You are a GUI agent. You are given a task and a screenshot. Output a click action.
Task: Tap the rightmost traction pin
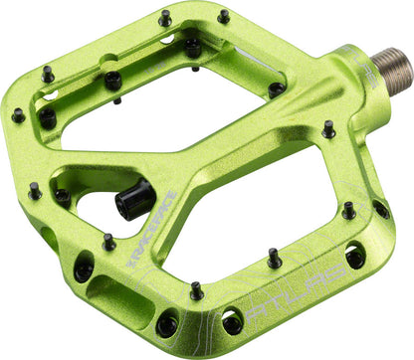tap(377, 210)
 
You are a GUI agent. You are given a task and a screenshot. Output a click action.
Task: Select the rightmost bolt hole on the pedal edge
tap(380, 210)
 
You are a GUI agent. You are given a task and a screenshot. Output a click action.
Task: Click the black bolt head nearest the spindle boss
tap(277, 89)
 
